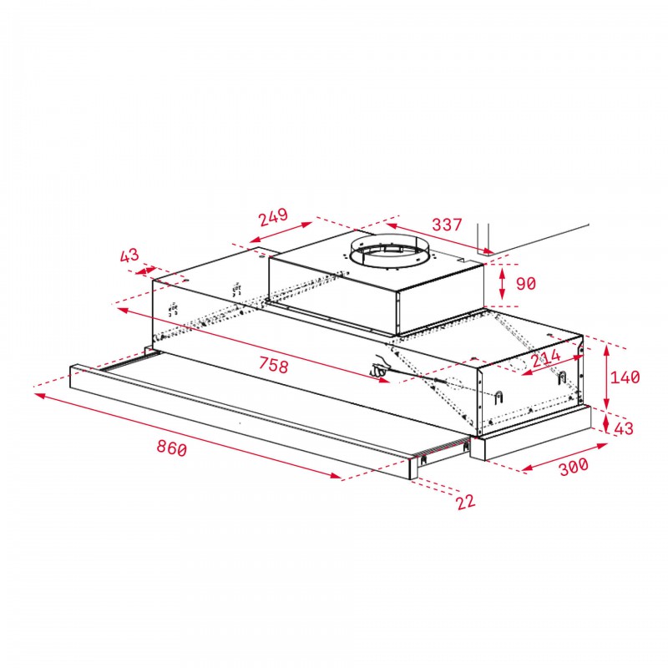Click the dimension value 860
click(172, 448)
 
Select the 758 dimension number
click(274, 365)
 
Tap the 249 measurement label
click(274, 217)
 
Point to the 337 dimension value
click(447, 225)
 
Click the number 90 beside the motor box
click(526, 283)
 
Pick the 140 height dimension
click(625, 377)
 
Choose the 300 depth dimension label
click(574, 466)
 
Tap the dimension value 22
click(465, 502)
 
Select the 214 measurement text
click(546, 358)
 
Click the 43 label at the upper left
click(129, 256)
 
